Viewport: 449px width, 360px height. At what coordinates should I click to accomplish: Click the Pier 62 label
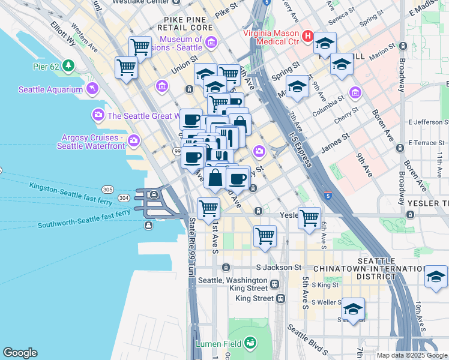46,65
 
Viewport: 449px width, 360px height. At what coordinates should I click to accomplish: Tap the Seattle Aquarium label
50,90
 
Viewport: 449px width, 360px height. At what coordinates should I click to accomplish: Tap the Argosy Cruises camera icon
133,141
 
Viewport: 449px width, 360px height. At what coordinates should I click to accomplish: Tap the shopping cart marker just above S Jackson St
265,235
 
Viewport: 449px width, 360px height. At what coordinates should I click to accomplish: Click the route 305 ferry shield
107,190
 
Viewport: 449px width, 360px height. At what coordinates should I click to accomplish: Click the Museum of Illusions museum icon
211,41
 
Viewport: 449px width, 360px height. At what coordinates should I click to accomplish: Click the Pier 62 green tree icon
69,65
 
